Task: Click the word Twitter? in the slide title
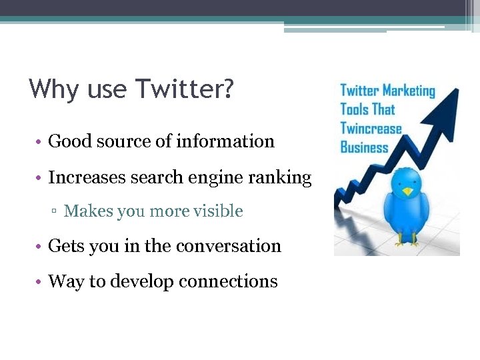[185, 89]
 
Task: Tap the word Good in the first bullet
[65, 141]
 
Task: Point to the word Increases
[81, 177]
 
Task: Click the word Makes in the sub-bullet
[88, 211]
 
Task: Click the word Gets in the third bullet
[65, 246]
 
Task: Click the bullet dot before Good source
[41, 142]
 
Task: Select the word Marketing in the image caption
[409, 91]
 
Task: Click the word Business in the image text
[364, 147]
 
